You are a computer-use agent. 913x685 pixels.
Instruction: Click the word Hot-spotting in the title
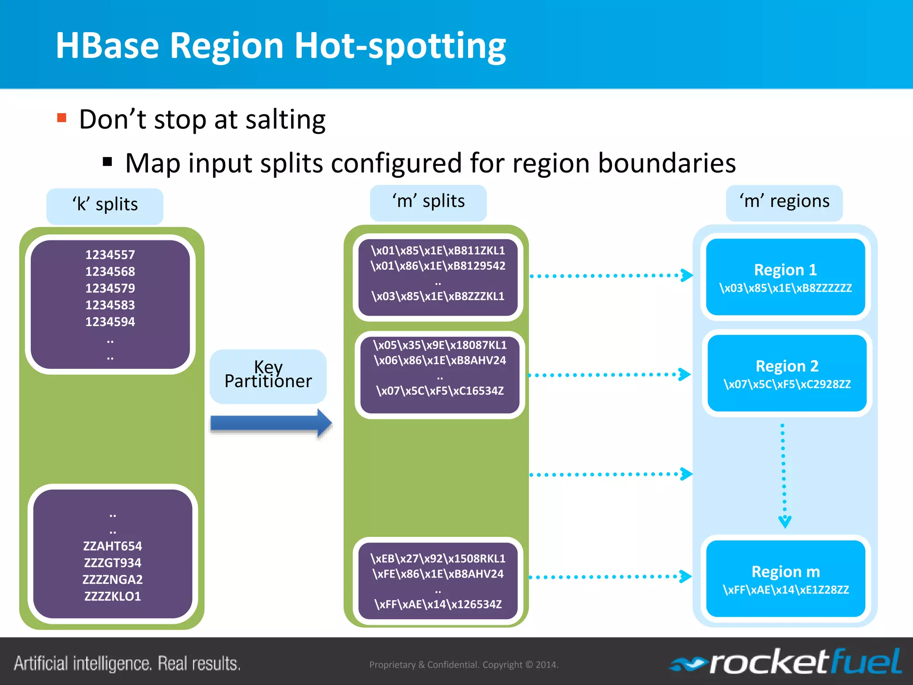click(400, 46)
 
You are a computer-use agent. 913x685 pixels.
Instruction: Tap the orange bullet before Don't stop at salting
click(62, 118)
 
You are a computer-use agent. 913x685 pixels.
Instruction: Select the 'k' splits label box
click(105, 206)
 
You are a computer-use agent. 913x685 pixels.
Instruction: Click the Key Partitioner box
click(268, 376)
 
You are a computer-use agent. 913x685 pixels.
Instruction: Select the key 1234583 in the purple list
click(110, 305)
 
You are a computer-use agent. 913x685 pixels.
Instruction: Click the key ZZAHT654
click(112, 546)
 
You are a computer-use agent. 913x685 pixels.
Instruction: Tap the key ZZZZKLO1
click(112, 596)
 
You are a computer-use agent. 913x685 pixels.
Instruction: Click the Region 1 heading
click(785, 270)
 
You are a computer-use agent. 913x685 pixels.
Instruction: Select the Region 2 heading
click(787, 366)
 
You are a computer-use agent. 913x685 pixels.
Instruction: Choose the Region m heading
click(786, 572)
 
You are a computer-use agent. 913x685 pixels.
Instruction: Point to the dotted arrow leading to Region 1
click(611, 276)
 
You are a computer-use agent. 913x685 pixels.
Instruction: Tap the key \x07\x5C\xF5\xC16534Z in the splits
click(440, 391)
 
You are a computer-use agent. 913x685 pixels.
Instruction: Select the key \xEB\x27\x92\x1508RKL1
click(438, 558)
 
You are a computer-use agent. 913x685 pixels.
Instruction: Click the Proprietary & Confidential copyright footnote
click(464, 664)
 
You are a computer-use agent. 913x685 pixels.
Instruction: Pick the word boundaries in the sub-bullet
click(666, 163)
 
